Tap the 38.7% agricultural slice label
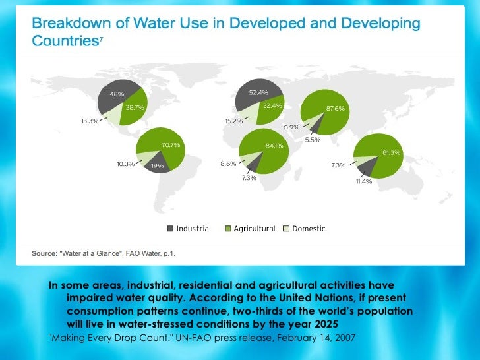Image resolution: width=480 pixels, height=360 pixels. (136, 106)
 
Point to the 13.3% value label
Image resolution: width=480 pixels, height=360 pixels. (90, 121)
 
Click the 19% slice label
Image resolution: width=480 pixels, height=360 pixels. (157, 166)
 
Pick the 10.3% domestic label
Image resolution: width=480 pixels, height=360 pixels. (125, 164)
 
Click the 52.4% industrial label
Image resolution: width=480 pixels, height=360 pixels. (258, 92)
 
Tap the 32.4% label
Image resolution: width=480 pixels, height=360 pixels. (272, 105)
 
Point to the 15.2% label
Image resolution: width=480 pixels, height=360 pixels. (233, 121)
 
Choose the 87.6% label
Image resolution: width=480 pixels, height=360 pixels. (335, 108)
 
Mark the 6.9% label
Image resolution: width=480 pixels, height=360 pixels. (291, 127)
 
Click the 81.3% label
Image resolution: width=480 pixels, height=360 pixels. (391, 152)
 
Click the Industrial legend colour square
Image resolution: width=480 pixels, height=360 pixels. (170, 229)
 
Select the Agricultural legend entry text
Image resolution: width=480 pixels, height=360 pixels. (255, 229)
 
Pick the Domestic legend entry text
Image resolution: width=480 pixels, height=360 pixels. (309, 229)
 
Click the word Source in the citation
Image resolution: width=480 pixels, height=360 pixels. (44, 253)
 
